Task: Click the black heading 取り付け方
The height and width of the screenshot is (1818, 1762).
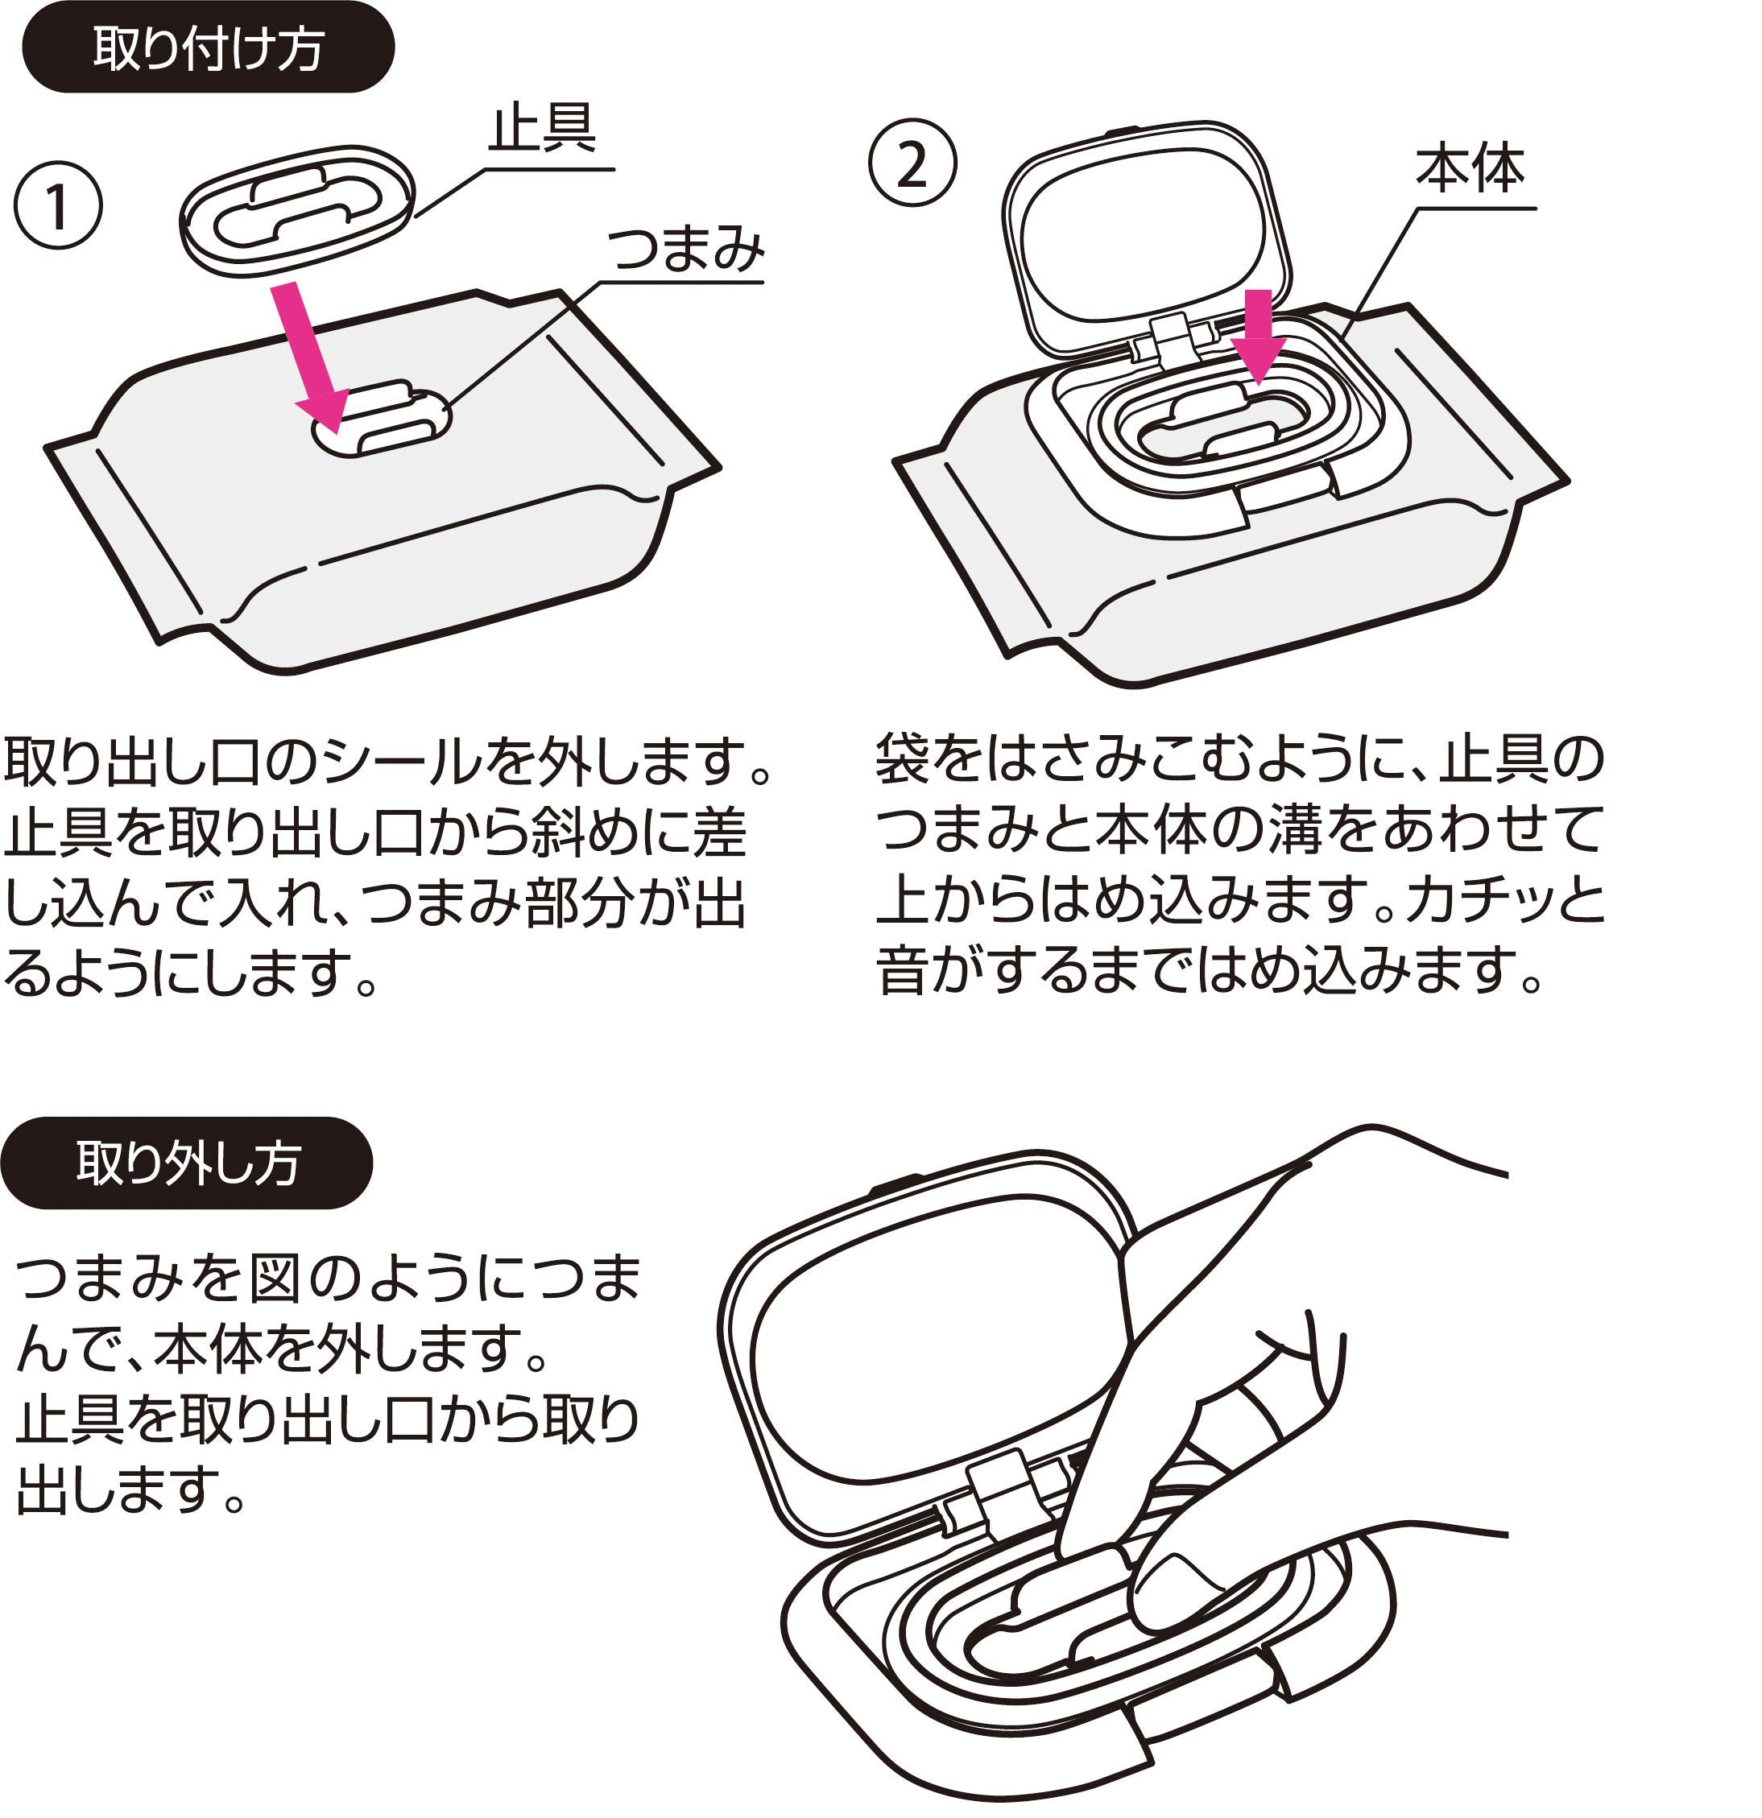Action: tap(208, 48)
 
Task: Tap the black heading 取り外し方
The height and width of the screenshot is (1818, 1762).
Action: tap(188, 1163)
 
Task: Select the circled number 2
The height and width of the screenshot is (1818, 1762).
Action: tap(912, 163)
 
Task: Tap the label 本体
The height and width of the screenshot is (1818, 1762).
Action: tap(1470, 169)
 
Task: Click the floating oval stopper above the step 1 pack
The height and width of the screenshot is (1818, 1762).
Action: tap(297, 212)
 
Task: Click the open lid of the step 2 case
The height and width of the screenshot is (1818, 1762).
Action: tap(1146, 232)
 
